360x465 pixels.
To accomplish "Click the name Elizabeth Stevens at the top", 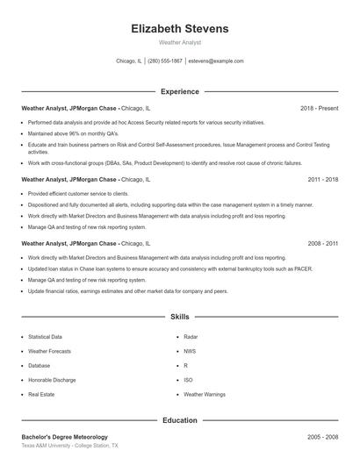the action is click(x=179, y=29).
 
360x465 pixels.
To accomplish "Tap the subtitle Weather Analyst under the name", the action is click(x=179, y=42).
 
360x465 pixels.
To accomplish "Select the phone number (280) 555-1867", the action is click(x=165, y=61).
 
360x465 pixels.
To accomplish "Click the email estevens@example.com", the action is click(x=216, y=61).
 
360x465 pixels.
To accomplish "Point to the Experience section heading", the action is click(x=179, y=91).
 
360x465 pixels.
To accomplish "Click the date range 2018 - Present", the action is click(x=319, y=108).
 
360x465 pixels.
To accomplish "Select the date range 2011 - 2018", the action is click(x=323, y=179).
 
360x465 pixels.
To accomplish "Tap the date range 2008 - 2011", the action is click(x=323, y=242).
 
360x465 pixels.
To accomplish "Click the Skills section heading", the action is click(x=179, y=316).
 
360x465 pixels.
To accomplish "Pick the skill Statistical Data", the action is click(x=45, y=336).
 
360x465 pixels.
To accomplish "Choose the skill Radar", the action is click(x=191, y=336).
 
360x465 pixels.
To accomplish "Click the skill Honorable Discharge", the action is click(x=51, y=380).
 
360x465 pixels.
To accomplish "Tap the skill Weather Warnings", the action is click(x=205, y=395).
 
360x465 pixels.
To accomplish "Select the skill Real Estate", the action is click(x=40, y=395).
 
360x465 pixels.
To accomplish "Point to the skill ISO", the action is click(x=188, y=380).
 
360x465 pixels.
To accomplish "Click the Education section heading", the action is click(x=179, y=420).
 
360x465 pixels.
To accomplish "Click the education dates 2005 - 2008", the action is click(x=323, y=436).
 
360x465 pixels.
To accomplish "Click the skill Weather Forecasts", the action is click(x=49, y=351).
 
